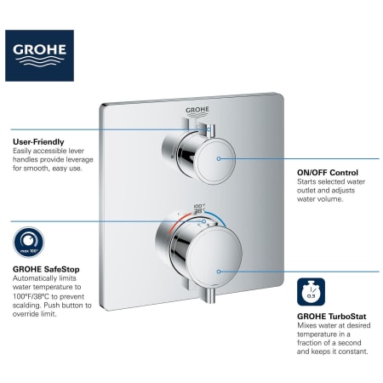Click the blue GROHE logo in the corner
point(39,55)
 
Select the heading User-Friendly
point(38,142)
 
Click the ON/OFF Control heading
point(328,173)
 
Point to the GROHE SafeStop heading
point(46,269)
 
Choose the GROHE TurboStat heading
point(332,317)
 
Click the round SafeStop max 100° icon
point(29,243)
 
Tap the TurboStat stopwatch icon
point(312,292)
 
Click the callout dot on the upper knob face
point(219,158)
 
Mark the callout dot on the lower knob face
point(219,272)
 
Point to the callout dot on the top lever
point(209,129)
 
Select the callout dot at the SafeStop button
point(204,221)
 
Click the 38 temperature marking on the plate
point(198,211)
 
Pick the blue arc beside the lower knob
point(218,218)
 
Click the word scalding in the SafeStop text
point(27,306)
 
